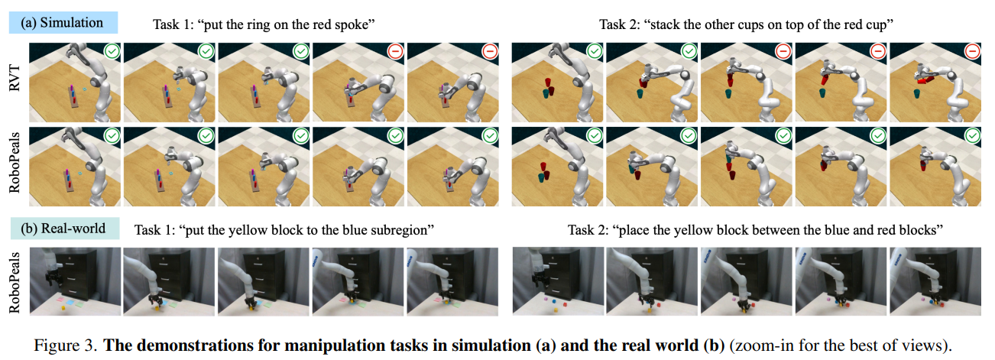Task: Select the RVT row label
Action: coord(15,78)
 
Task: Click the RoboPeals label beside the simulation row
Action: coord(15,163)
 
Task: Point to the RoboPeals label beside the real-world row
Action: coord(15,282)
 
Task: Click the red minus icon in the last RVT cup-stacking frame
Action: coord(972,51)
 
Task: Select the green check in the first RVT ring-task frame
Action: coord(112,51)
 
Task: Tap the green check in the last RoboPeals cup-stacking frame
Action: coord(972,135)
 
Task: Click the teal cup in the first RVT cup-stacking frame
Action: coord(546,93)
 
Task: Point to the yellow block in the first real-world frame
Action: coord(63,307)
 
